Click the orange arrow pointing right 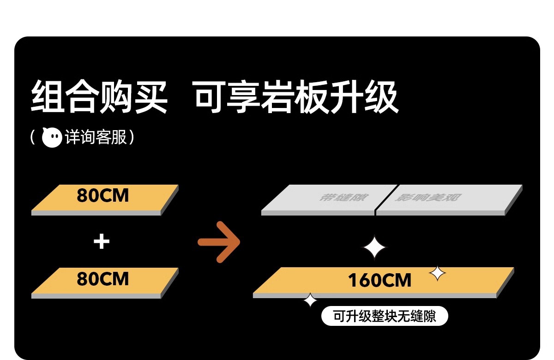pos(219,242)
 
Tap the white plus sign pos(101,242)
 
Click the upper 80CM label pos(102,196)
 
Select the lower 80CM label pos(102,279)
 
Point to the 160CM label pos(379,280)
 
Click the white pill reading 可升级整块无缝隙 pos(385,317)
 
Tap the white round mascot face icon pos(52,138)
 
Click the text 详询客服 pos(96,138)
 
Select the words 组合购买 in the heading pos(99,97)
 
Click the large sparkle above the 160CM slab pos(374,249)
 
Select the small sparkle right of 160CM pos(437,273)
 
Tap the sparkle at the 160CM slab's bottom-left pos(310,300)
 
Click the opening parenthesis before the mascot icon pos(33,138)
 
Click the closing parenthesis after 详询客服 pos(132,138)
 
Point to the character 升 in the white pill pos(354,317)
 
